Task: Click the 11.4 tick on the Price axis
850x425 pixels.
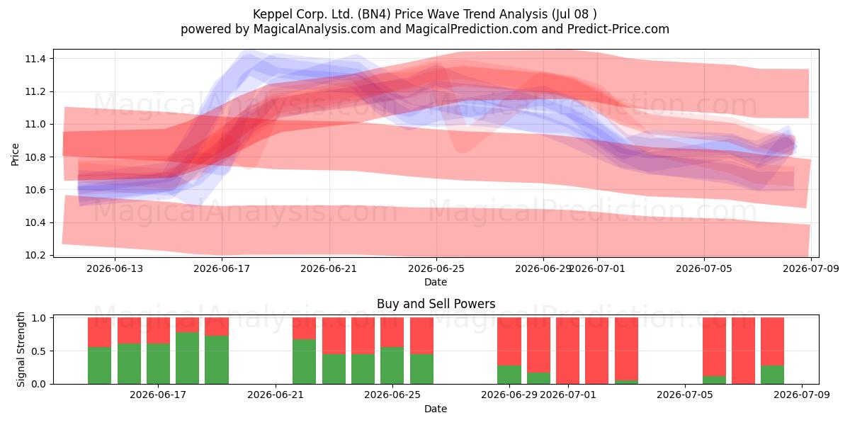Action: point(35,59)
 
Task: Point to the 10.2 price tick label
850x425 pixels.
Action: point(35,255)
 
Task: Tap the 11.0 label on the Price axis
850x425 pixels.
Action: point(35,125)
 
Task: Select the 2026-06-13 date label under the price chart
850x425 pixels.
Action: point(115,268)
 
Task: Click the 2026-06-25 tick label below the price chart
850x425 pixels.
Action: point(436,268)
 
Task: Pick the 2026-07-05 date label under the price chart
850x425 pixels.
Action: point(704,268)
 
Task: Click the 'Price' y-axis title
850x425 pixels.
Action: point(15,154)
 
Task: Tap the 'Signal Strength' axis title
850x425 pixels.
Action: point(21,349)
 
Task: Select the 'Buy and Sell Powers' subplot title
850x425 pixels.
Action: point(436,304)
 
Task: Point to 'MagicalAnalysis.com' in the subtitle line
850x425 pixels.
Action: point(314,29)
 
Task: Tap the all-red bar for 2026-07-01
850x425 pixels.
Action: point(567,351)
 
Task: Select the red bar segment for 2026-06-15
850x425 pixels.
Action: point(129,331)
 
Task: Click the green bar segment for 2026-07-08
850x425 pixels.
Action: point(772,375)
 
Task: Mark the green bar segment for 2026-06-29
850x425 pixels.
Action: point(509,375)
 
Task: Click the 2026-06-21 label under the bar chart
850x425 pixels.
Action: point(276,395)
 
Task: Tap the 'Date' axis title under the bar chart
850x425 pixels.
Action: point(436,409)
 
